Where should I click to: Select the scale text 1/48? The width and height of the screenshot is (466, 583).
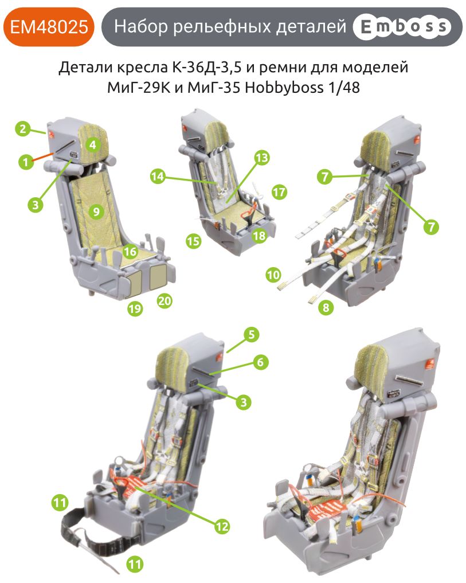[x=346, y=89]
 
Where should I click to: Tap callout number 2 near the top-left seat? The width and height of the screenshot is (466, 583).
[x=22, y=128]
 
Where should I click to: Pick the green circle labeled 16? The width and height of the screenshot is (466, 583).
[x=131, y=251]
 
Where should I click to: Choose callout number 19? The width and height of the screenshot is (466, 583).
[x=135, y=309]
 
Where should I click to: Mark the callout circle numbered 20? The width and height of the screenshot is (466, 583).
[x=165, y=300]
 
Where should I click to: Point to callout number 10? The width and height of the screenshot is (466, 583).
[x=273, y=275]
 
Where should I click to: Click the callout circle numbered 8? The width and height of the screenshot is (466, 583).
[x=326, y=307]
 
